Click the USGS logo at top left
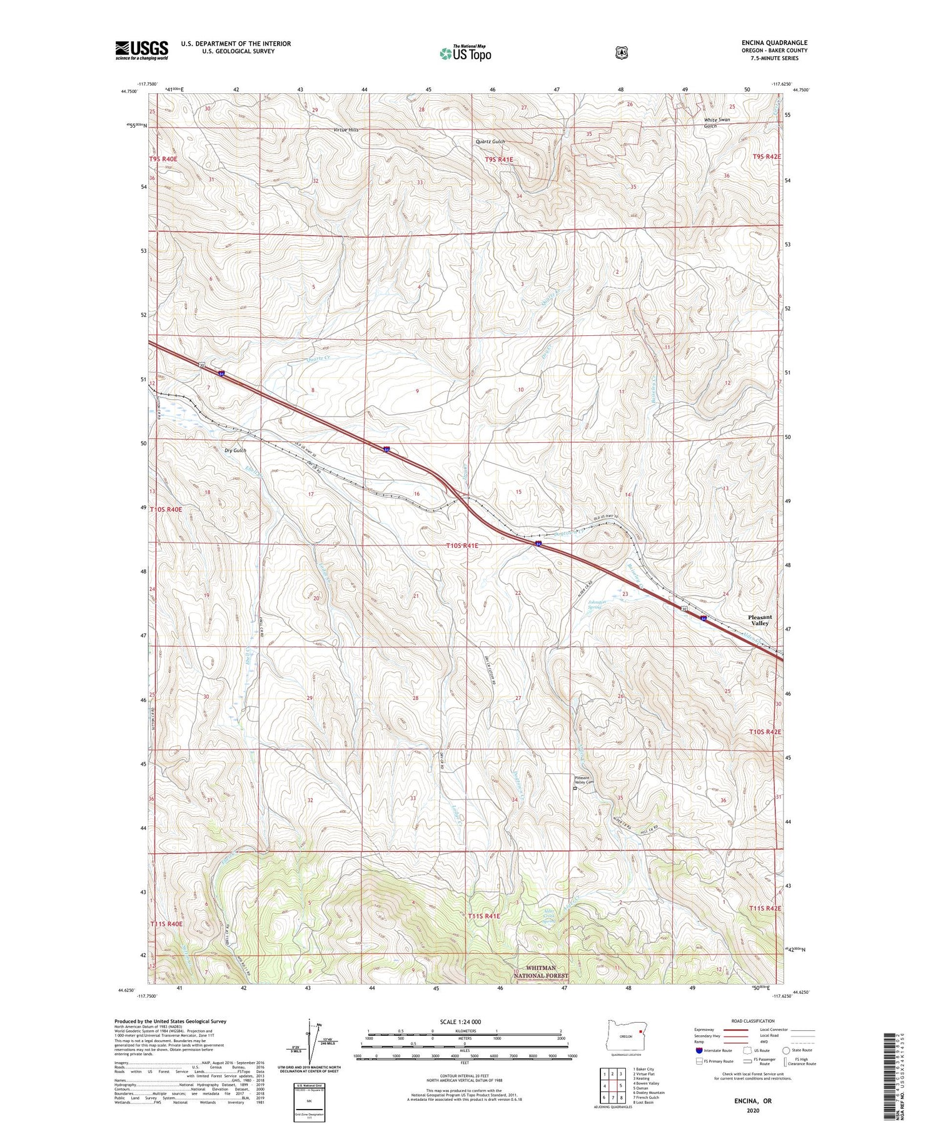(141, 50)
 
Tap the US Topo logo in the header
(465, 53)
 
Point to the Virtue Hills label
(346, 129)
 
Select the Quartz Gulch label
(490, 142)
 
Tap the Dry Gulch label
(235, 450)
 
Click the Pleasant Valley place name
(760, 620)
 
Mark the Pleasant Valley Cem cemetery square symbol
(575, 789)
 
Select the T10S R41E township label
(462, 545)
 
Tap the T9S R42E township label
(767, 156)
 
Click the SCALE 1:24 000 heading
(460, 1021)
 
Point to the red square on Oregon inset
(640, 1032)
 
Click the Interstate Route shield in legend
(699, 1050)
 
